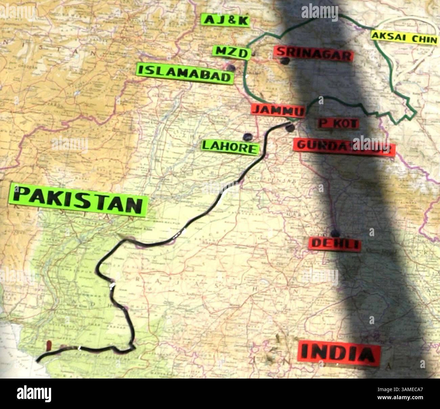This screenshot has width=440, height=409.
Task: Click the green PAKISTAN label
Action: [79, 200]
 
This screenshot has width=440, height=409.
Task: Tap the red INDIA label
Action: [339, 353]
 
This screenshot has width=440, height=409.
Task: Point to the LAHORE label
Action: [230, 147]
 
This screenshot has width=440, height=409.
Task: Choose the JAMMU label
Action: [278, 110]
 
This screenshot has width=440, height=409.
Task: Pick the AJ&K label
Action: [225, 20]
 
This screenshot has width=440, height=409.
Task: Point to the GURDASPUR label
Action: [344, 146]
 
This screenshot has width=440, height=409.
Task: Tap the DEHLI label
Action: [334, 244]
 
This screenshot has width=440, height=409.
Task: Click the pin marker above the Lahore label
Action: [247, 137]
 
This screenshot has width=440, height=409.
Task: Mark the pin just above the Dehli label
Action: [335, 233]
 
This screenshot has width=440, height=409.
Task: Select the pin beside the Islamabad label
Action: [231, 68]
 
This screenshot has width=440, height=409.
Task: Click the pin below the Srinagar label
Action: [285, 61]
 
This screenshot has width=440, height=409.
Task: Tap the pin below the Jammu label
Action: [290, 128]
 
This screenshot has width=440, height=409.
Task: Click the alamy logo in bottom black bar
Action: [34, 394]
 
